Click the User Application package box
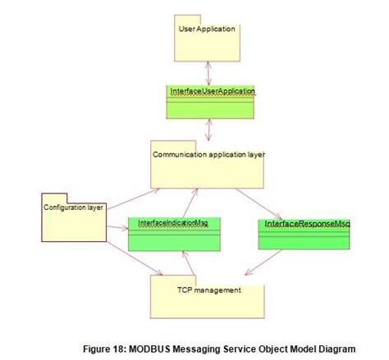point(207,39)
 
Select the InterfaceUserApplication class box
point(210,102)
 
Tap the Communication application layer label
point(208,155)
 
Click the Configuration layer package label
point(73,207)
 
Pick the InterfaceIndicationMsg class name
point(173,223)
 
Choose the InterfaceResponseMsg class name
point(308,224)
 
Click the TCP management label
point(209,290)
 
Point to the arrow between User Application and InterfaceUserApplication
point(208,73)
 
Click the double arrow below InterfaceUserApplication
point(209,130)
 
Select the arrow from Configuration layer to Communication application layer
point(133,199)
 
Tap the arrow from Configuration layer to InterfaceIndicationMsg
point(117,227)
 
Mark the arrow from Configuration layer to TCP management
point(135,258)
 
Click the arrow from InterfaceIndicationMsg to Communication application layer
point(190,203)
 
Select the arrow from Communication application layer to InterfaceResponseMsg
point(259,203)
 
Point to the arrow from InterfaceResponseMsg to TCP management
point(263,262)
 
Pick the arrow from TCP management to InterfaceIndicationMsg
point(189,263)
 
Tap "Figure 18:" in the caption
point(105,349)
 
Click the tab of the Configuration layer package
point(54,198)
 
